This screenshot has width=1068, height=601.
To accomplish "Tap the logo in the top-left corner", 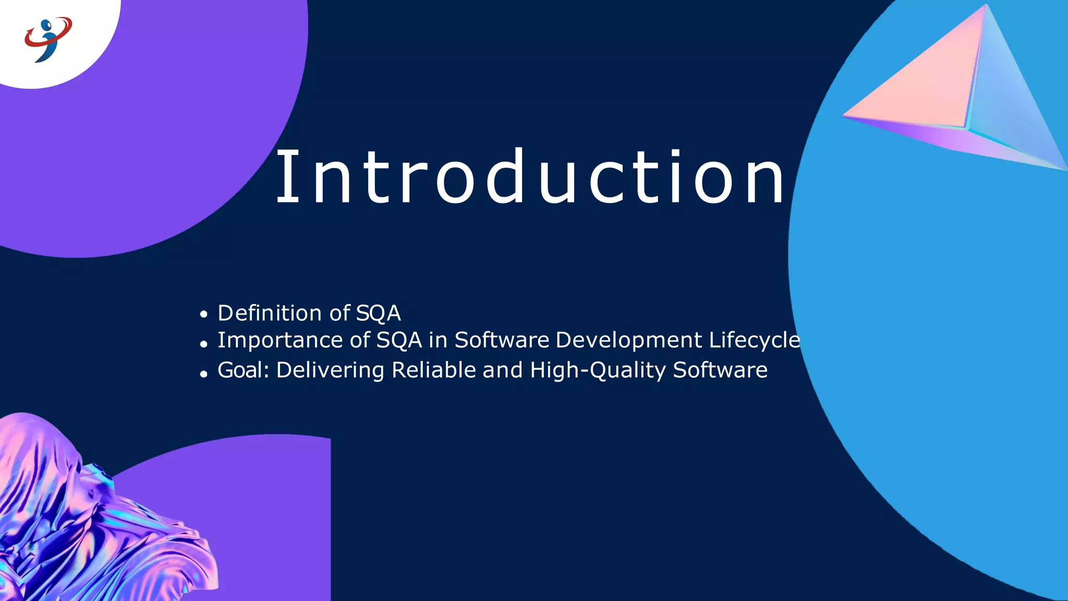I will point(48,39).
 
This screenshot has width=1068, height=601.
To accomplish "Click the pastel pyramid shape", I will point(960,94).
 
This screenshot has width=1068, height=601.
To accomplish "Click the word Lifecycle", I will point(755,340).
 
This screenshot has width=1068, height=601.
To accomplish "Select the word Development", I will point(628,340).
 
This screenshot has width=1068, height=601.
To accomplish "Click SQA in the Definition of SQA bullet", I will point(378,314).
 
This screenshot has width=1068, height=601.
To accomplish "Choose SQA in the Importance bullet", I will point(399,341).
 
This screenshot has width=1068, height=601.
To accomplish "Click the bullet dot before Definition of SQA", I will point(203,314).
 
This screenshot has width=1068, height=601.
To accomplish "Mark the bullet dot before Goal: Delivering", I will point(203,374).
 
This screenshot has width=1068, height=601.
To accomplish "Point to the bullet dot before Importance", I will point(203,344).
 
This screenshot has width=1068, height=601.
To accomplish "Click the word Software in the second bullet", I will point(502,340).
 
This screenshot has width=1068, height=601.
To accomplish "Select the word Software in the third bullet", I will point(720,370).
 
